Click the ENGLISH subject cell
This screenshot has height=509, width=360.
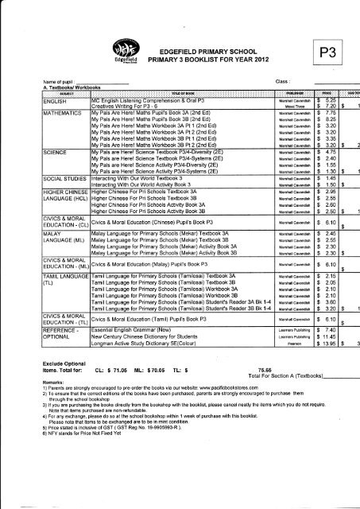(x=64, y=102)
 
